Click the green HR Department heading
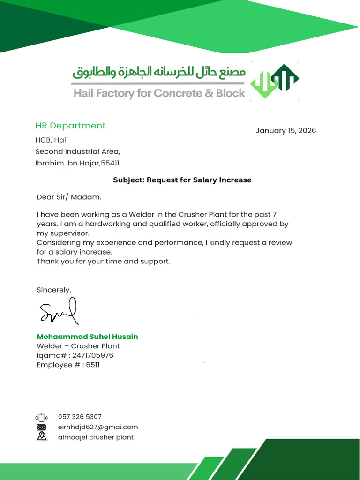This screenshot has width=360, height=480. [x=70, y=126]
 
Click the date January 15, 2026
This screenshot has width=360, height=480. [x=285, y=130]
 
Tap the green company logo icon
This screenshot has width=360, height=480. [x=275, y=81]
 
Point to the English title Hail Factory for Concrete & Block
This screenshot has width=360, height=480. [x=159, y=93]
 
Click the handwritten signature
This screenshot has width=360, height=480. [x=59, y=312]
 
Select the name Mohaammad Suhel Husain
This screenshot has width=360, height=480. [x=87, y=337]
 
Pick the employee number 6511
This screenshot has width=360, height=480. [x=93, y=365]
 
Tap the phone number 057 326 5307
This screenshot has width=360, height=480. [x=80, y=417]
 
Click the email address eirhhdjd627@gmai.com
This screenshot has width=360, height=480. [x=98, y=427]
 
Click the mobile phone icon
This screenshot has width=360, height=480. [x=41, y=418]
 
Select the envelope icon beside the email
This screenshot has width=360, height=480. [x=42, y=427]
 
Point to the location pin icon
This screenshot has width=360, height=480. [x=42, y=437]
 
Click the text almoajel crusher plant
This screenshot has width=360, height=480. [x=96, y=437]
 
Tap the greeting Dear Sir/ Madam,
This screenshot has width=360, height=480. [x=69, y=197]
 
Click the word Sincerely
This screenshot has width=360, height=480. [x=54, y=290]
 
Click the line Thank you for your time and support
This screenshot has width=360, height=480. [x=103, y=261]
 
